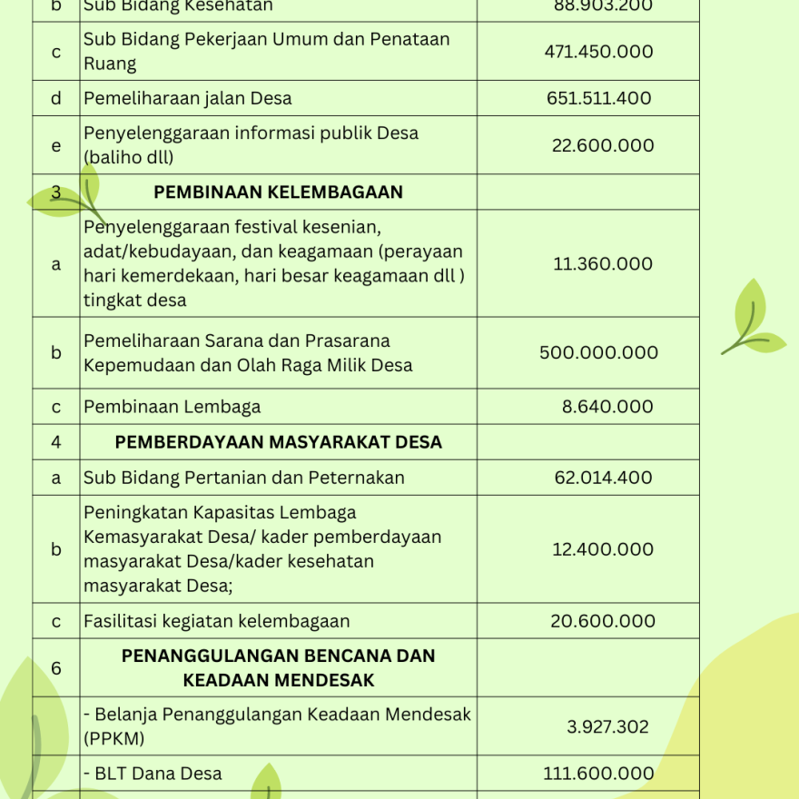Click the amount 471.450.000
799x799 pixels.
[598, 52]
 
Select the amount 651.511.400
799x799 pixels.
[598, 98]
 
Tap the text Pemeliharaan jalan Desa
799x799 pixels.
[188, 98]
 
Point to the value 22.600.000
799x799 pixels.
[603, 145]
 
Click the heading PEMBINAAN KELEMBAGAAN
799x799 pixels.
[278, 192]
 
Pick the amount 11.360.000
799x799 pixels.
[603, 264]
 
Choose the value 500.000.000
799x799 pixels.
[598, 353]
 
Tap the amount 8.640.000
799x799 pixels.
[607, 407]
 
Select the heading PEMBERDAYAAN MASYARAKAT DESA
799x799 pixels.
[278, 442]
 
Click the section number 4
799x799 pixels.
[56, 442]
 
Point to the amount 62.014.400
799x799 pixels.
[603, 478]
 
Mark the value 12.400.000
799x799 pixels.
[603, 549]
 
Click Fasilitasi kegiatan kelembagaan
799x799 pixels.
[217, 621]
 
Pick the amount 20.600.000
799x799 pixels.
[603, 621]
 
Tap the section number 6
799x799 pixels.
[56, 668]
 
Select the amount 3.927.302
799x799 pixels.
[607, 726]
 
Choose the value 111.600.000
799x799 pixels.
[598, 774]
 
